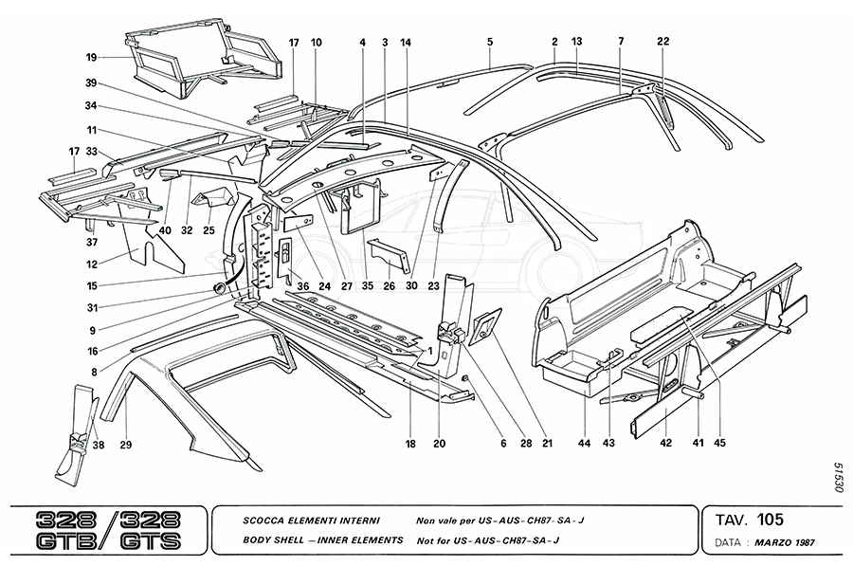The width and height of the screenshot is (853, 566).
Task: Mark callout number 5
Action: click(490, 41)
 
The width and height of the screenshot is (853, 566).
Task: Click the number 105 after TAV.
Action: click(769, 520)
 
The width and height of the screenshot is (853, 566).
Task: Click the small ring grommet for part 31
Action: click(222, 286)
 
